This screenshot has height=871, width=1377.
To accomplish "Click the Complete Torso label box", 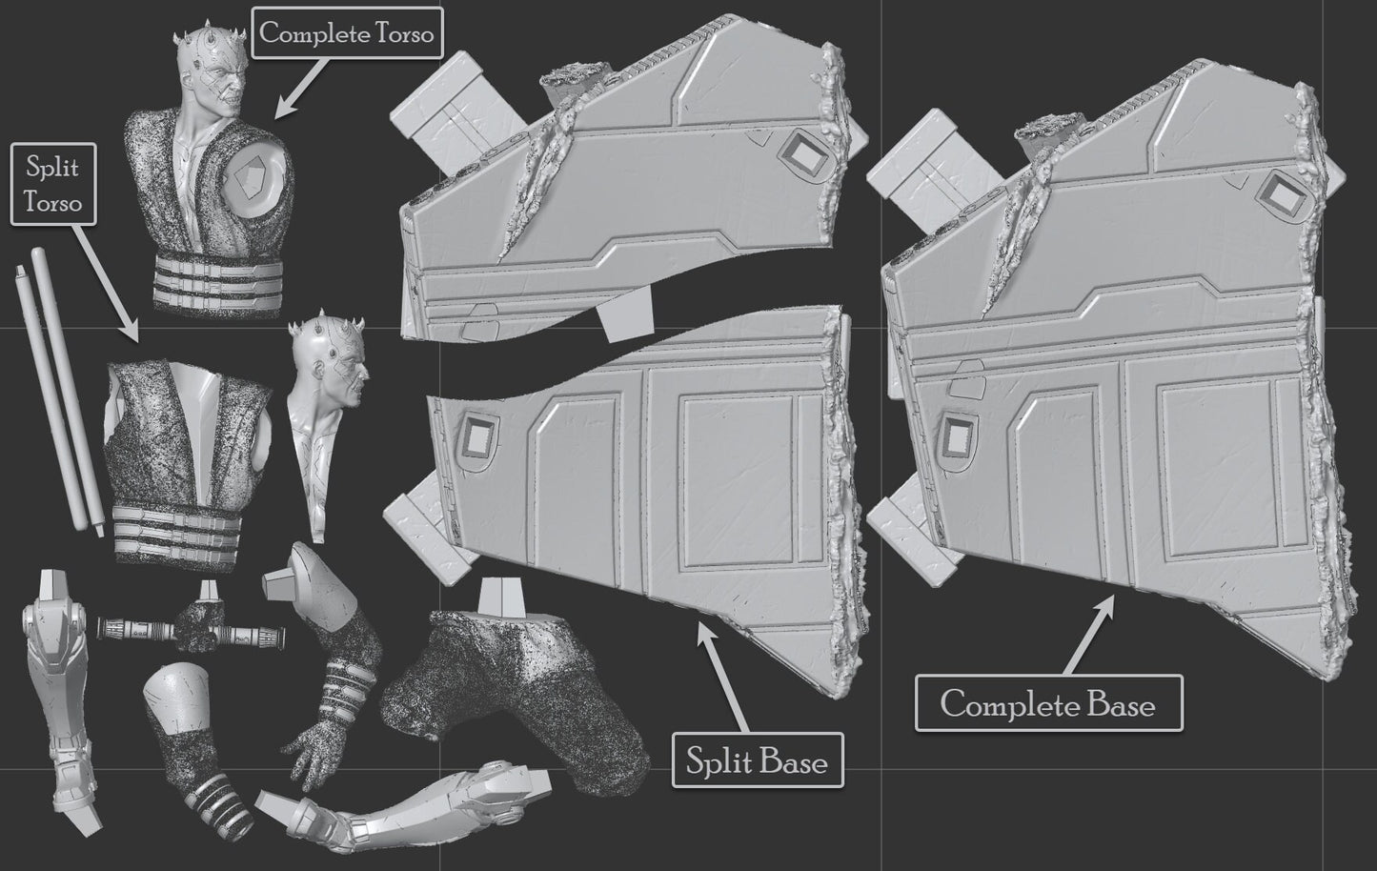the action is point(347,33).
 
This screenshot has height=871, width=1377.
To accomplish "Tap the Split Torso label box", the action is point(53,185).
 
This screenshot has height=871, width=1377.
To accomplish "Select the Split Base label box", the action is point(758,760).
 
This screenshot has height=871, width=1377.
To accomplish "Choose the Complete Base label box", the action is point(1049,703).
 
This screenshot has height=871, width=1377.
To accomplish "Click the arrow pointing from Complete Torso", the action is point(299,88).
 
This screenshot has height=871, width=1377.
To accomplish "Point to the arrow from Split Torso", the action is point(107,283).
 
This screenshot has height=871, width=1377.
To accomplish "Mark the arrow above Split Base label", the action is point(723,678).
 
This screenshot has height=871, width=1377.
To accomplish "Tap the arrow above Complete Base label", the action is point(1088,635).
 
